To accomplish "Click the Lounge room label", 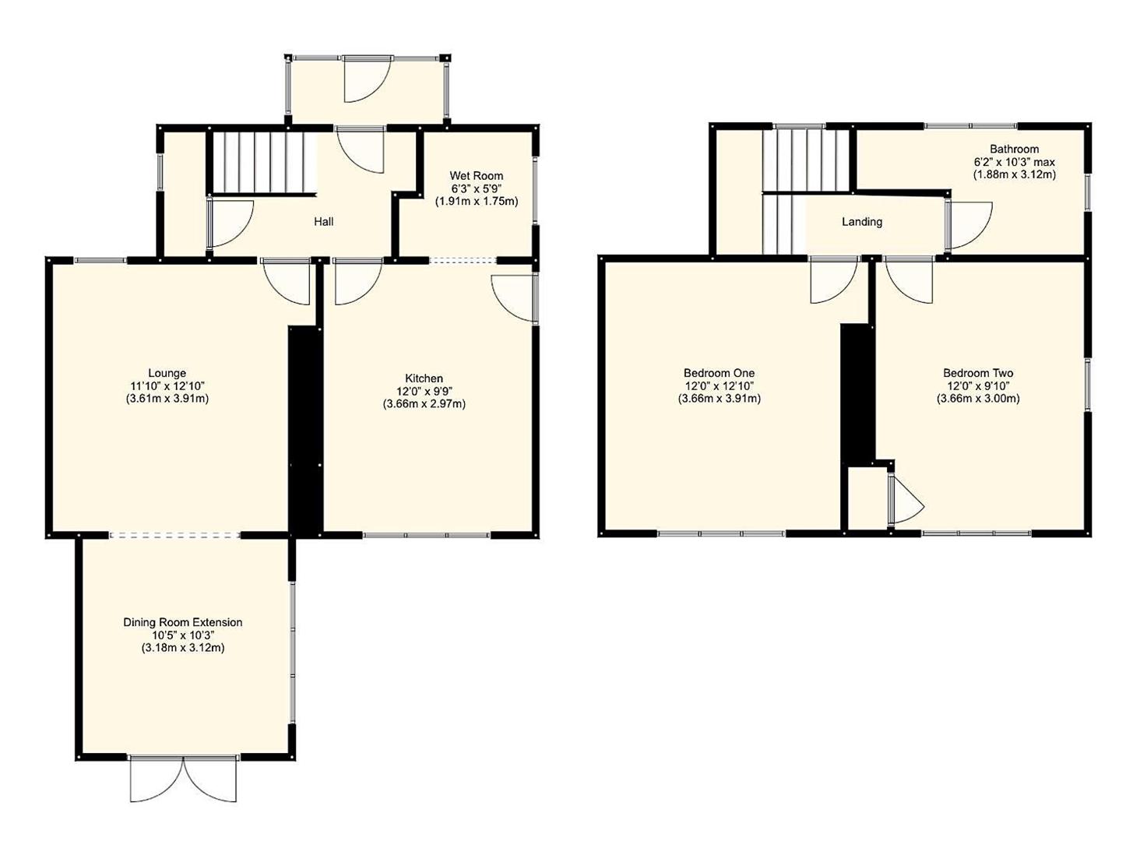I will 168,373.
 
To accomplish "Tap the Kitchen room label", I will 424,378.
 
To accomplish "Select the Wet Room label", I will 476,176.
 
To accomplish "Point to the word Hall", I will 324,222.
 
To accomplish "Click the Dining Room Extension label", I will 183,622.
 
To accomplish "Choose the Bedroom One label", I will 719,373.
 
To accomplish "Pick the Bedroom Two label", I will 978,373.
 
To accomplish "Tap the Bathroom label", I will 1014,149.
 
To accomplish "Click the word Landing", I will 862,222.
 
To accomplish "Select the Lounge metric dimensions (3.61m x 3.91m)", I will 168,399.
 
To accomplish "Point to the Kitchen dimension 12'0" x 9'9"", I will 424,391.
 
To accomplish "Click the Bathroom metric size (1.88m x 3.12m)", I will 1014,174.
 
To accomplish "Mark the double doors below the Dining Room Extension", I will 184,779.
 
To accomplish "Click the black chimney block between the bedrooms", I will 857,393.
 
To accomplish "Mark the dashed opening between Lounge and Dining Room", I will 174,535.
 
